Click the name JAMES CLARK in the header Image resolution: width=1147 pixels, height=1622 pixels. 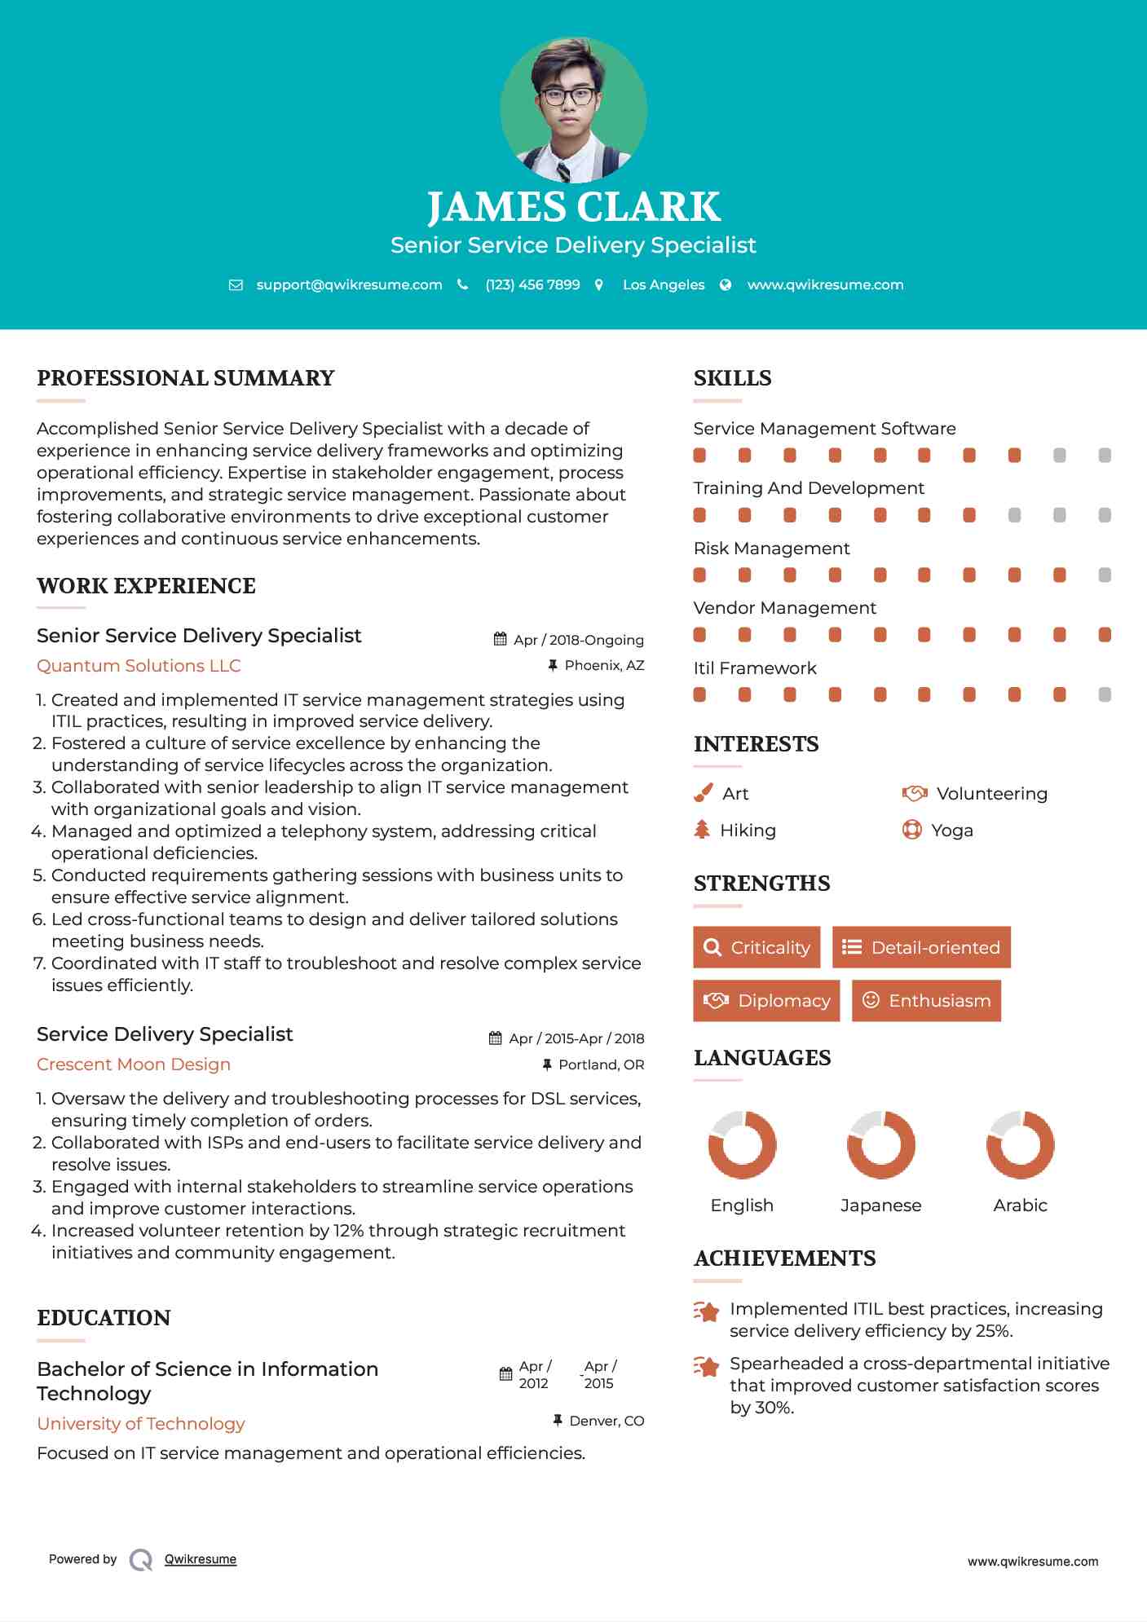[573, 207]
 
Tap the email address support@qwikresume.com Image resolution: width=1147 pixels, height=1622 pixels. [349, 284]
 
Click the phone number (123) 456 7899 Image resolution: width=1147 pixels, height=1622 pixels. [532, 284]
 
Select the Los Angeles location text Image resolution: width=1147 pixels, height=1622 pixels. [663, 284]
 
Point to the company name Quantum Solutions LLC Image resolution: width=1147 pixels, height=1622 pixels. [139, 665]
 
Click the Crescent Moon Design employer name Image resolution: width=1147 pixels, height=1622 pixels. [134, 1064]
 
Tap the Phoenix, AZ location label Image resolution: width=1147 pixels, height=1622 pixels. [604, 665]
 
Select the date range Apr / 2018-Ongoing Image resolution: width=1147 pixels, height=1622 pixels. [578, 640]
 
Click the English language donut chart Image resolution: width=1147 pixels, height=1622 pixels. [742, 1144]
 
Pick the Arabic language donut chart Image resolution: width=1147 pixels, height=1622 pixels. [1020, 1144]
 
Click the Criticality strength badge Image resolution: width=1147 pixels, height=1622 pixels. [757, 947]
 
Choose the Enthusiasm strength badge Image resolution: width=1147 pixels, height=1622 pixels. [926, 1000]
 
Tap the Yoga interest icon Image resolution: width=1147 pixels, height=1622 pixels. [911, 830]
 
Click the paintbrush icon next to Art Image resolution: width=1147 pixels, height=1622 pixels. [703, 793]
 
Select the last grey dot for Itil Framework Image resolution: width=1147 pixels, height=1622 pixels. [1105, 694]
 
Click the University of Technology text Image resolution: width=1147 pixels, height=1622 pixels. [141, 1423]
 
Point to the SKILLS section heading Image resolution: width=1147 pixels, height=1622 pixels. [732, 378]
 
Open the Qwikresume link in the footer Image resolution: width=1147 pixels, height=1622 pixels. [201, 1559]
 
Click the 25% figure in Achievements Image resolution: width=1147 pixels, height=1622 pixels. [994, 1330]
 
